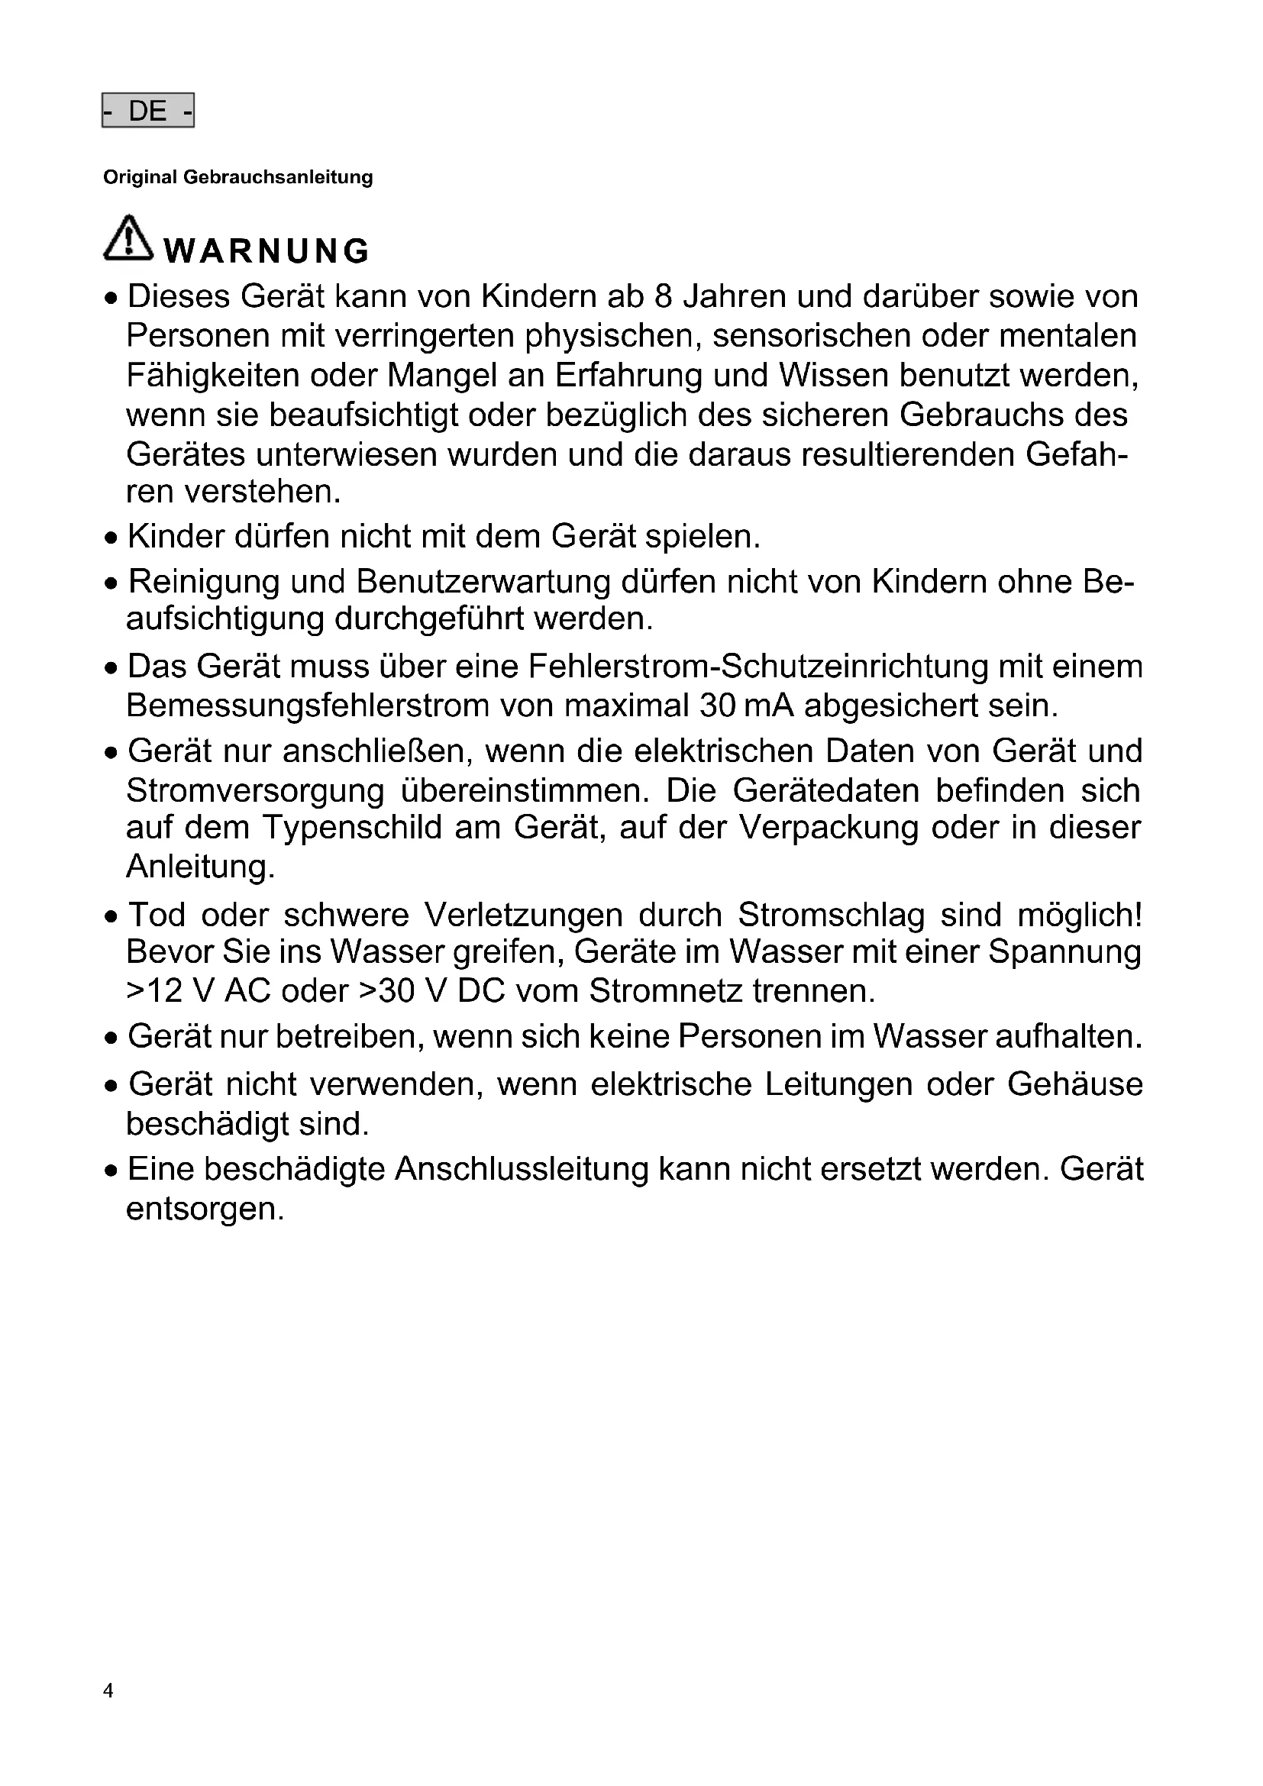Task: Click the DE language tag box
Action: (148, 111)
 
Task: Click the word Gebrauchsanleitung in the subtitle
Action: (278, 177)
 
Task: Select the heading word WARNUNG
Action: (266, 250)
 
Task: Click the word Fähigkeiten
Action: (212, 376)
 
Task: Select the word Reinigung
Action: (204, 582)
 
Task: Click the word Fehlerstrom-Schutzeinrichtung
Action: (758, 667)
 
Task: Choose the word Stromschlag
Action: (831, 915)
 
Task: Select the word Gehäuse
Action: (1075, 1084)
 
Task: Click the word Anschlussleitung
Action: (521, 1170)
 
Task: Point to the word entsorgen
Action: (205, 1209)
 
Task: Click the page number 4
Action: (108, 1691)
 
